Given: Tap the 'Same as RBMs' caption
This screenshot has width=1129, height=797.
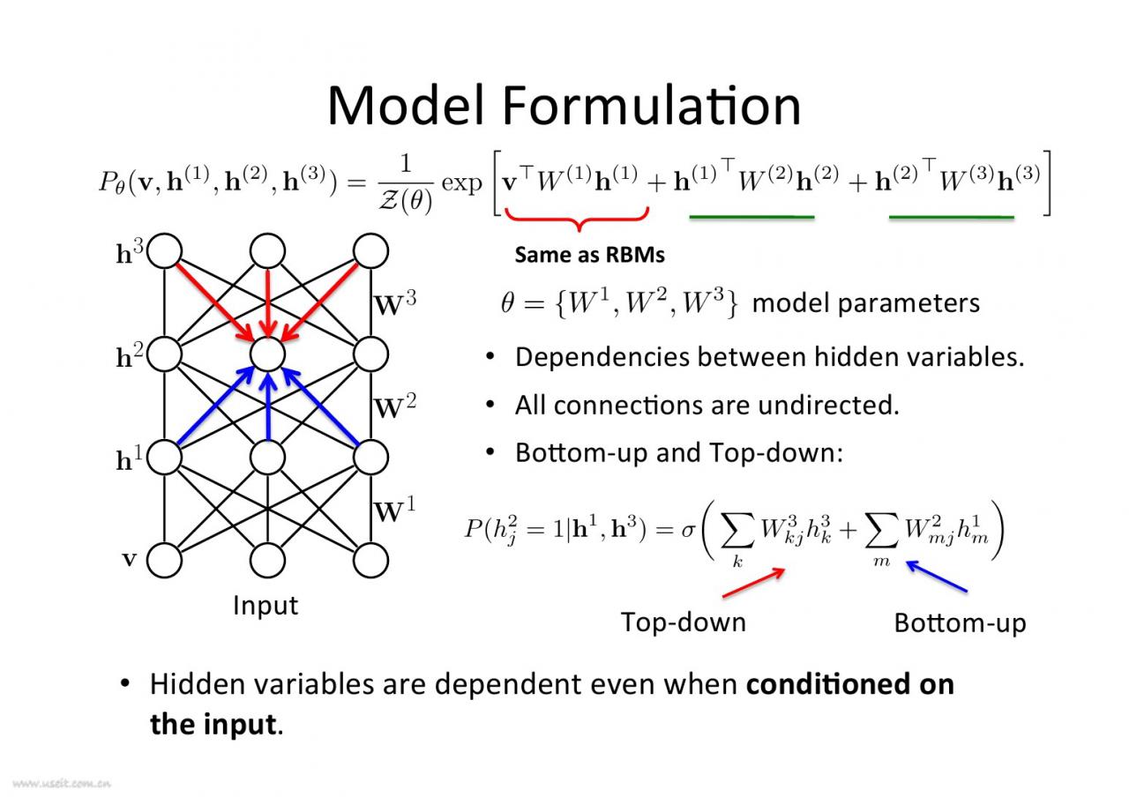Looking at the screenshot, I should [x=589, y=256].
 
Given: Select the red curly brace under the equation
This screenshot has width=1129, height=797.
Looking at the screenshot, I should [x=578, y=217].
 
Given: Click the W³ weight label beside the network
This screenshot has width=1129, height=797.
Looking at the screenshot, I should [x=395, y=305].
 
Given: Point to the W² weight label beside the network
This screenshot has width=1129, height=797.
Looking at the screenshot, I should [x=395, y=408].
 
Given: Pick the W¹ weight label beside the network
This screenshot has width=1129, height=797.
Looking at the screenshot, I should [x=395, y=511].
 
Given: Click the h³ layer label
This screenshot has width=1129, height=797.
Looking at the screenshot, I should [x=130, y=254].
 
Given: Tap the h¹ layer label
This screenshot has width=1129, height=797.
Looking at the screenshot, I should [x=130, y=459].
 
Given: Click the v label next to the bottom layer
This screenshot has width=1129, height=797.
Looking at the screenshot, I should [x=129, y=559].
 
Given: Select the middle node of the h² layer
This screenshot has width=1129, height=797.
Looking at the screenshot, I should [x=267, y=354].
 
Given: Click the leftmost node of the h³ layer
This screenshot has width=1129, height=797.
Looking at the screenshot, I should [x=165, y=251].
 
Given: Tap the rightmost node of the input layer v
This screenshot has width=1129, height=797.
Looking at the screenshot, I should [x=370, y=560].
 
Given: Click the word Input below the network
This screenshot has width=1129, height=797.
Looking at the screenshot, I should [x=265, y=606].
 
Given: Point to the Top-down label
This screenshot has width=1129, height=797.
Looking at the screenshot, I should [x=683, y=622].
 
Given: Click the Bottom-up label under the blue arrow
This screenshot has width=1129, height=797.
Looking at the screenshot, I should [x=960, y=622].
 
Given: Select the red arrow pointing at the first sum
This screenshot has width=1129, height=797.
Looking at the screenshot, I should [x=754, y=582].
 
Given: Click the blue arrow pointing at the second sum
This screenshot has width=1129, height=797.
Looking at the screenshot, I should [x=937, y=577].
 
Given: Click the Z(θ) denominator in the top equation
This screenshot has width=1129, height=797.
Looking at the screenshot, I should [x=405, y=202].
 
